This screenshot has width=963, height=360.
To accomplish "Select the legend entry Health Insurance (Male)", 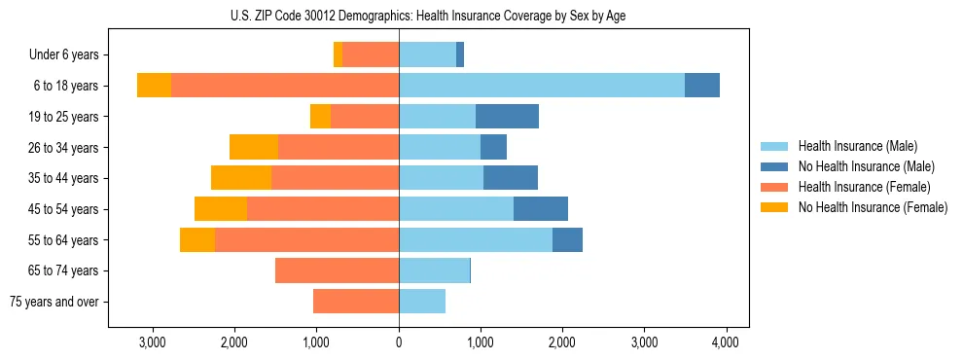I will [857, 146].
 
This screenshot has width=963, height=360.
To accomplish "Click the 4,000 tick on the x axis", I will [726, 342].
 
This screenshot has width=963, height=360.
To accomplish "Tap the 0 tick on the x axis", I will [399, 342].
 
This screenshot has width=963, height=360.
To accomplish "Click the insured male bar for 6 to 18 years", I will [542, 86].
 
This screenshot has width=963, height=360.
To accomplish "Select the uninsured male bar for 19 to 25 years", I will [507, 117].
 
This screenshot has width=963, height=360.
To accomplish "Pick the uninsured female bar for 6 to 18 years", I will [154, 86].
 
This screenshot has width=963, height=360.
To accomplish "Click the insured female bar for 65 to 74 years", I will [337, 270].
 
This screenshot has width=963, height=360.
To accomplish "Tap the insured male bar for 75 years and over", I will [422, 302].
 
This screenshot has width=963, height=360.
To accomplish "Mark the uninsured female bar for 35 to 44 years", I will [241, 178].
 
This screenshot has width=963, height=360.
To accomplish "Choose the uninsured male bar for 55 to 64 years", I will [567, 239].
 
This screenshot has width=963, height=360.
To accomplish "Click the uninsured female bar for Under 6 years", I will [338, 55].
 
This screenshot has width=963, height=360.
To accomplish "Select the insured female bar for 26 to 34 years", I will [339, 147].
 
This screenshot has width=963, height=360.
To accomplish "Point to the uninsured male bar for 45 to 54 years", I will [541, 209].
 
